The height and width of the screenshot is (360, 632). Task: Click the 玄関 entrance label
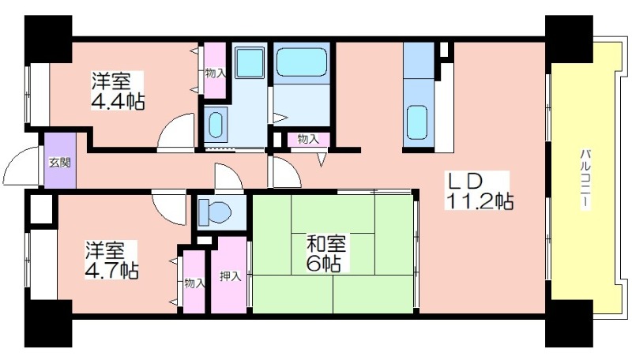[x=60, y=163]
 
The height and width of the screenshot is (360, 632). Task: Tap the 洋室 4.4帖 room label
[x=117, y=91]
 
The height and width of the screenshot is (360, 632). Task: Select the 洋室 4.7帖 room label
[x=111, y=261]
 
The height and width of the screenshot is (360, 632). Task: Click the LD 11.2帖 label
[x=479, y=191]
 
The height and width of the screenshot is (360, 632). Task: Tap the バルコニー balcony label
[x=585, y=179]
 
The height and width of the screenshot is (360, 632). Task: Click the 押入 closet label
[x=230, y=276]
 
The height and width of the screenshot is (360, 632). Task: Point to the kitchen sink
[x=417, y=122]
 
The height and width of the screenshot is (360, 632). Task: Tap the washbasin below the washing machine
[x=216, y=125]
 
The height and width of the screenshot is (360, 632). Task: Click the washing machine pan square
[x=250, y=62]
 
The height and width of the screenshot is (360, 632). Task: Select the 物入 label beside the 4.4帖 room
[x=215, y=73]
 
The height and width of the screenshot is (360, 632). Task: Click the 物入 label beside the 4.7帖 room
[x=194, y=283]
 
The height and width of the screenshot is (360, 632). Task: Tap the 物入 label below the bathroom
[x=308, y=139]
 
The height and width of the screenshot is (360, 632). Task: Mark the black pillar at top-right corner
[x=569, y=39]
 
